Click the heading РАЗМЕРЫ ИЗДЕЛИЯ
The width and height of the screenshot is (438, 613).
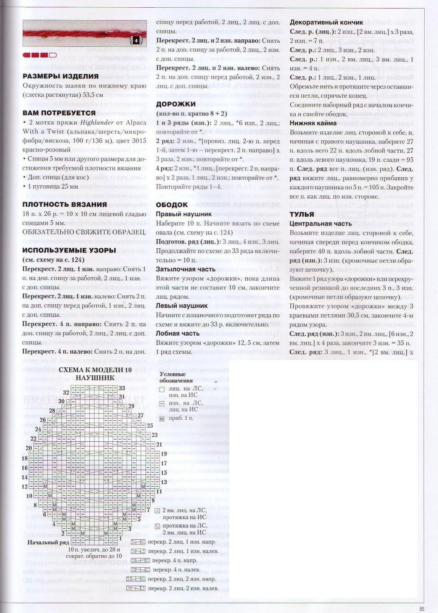click(x=60, y=76)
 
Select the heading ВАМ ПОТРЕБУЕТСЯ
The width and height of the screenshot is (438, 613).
click(x=59, y=113)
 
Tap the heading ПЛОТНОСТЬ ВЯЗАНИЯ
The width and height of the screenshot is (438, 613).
click(x=65, y=204)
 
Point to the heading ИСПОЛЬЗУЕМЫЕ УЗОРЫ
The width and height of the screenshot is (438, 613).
click(x=69, y=250)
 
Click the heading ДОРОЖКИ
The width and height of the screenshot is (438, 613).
click(x=176, y=104)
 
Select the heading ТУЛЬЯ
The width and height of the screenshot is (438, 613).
click(x=302, y=214)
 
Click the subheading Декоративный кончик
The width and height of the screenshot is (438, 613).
click(x=326, y=22)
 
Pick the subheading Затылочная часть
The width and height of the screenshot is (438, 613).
click(x=186, y=269)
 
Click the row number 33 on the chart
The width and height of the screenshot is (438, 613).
click(x=121, y=388)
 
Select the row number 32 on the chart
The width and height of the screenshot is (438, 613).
click(x=66, y=393)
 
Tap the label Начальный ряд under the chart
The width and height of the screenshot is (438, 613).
click(x=48, y=542)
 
